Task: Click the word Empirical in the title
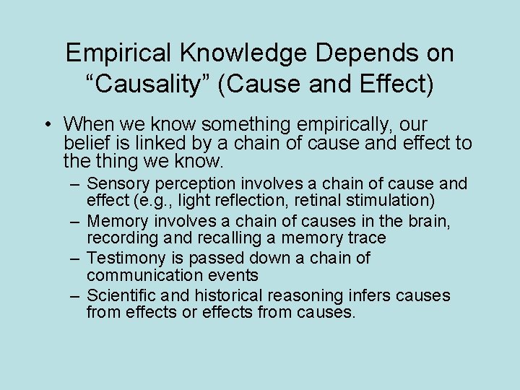pyautogui.click(x=115, y=53)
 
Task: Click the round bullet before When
pyautogui.click(x=46, y=123)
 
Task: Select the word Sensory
pyautogui.click(x=115, y=184)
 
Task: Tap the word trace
pyautogui.click(x=366, y=238)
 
